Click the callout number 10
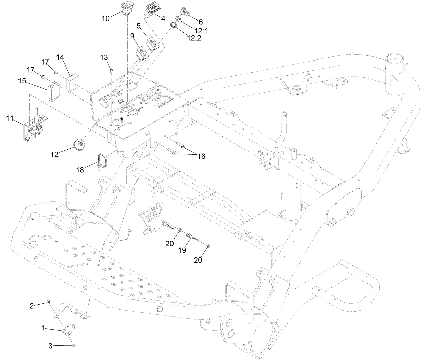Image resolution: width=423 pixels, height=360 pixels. [106, 18]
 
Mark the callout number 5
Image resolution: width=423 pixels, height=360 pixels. [138, 26]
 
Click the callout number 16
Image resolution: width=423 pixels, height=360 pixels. [201, 156]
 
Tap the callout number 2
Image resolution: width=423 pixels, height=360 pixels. [32, 306]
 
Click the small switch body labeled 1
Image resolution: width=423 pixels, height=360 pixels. [70, 329]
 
